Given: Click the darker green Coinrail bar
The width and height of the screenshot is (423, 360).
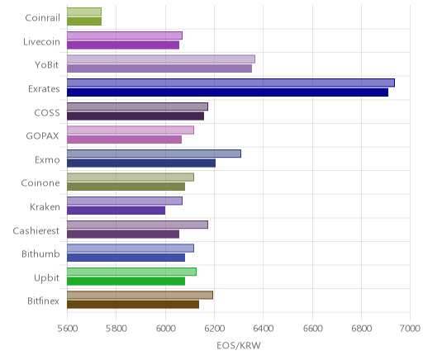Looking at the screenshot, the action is click(x=84, y=21).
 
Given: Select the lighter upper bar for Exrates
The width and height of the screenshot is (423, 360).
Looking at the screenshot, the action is click(x=231, y=83).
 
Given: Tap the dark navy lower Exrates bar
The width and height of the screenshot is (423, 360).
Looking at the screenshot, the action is click(x=228, y=92).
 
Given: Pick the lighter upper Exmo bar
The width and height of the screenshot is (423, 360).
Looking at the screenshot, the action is click(x=154, y=154).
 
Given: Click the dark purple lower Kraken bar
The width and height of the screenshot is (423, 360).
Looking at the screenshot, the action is click(x=116, y=211).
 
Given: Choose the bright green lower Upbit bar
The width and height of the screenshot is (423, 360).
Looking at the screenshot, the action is click(x=126, y=282).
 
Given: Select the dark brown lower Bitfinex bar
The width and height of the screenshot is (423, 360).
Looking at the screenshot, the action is click(x=133, y=305).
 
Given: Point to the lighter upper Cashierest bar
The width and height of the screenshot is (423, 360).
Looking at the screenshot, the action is click(x=137, y=225).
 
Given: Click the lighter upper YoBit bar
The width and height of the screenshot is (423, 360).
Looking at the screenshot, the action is click(x=161, y=59).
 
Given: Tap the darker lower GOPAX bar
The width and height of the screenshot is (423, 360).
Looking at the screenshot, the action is click(x=125, y=140).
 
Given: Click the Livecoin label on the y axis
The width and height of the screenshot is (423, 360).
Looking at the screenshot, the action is click(x=41, y=42).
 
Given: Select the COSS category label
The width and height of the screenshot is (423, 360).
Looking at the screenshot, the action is click(x=47, y=113).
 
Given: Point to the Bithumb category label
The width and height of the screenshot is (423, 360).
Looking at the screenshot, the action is click(x=40, y=253).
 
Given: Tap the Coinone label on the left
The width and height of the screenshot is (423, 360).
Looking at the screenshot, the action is click(x=40, y=183).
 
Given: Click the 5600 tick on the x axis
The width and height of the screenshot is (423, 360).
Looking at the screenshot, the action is click(x=68, y=329).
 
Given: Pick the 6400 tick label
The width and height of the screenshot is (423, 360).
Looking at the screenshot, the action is click(x=264, y=329).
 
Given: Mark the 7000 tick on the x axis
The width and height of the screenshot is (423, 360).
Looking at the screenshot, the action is click(x=410, y=329).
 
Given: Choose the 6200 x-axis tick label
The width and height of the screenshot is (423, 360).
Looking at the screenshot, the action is click(x=215, y=329).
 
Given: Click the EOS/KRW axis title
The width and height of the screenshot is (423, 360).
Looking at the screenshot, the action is click(x=239, y=346).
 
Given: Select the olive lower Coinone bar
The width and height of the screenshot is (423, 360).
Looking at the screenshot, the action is click(x=126, y=187).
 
